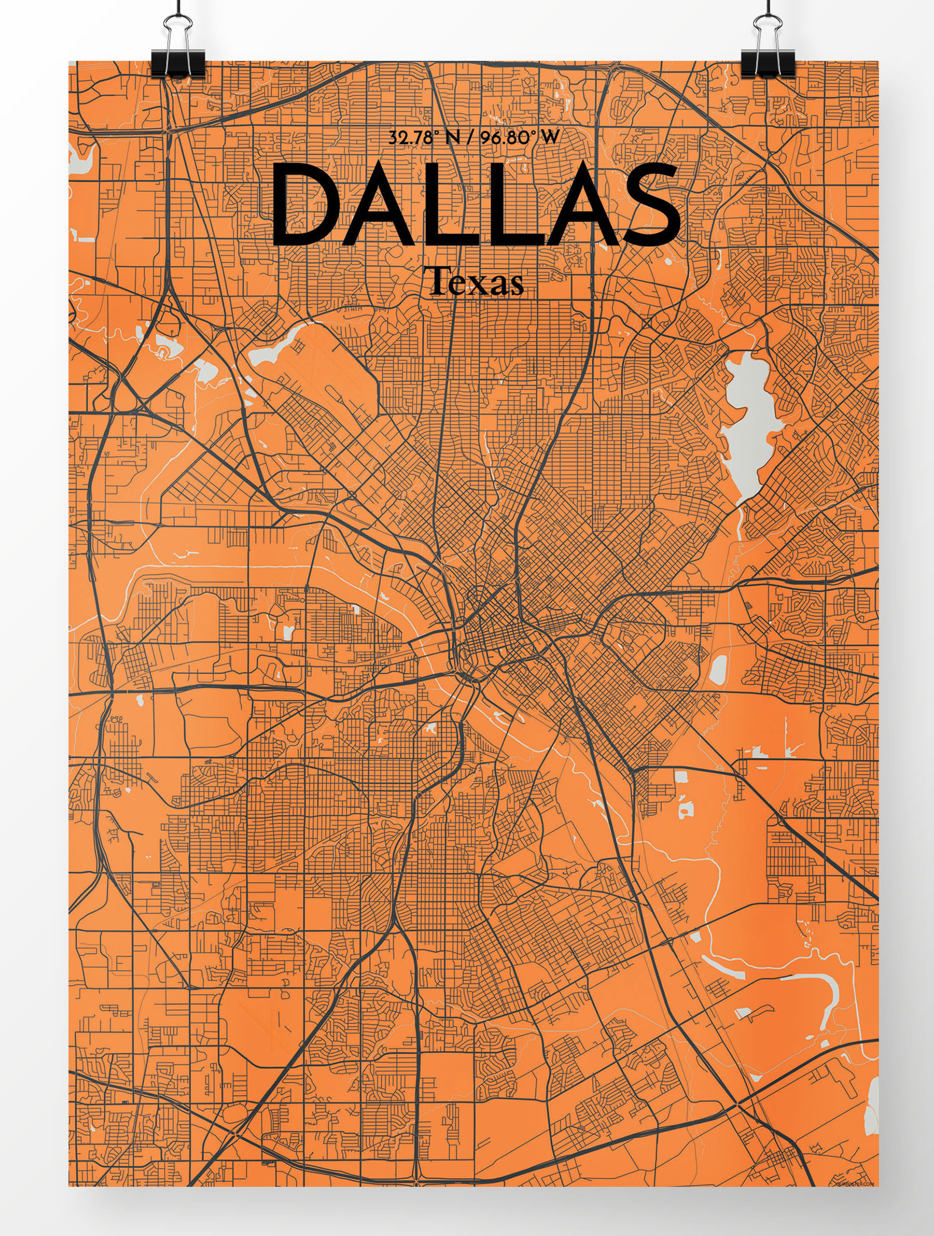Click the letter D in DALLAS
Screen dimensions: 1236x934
(x=310, y=205)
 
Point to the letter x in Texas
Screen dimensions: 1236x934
(x=479, y=285)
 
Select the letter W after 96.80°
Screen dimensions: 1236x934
(x=550, y=138)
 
